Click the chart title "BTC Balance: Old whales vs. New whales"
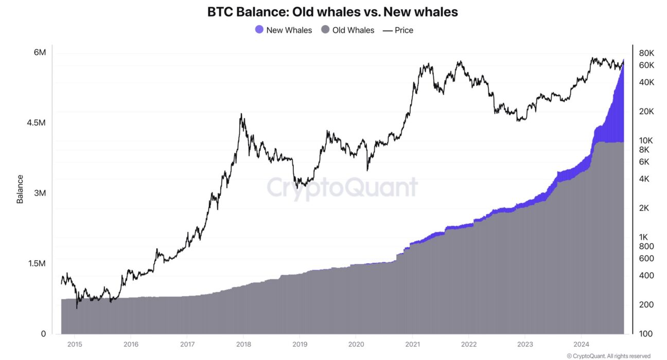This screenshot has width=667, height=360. [x=332, y=12]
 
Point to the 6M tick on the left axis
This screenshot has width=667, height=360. [x=40, y=53]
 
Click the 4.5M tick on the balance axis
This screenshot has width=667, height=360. [x=36, y=123]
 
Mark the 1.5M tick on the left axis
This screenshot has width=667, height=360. [x=36, y=264]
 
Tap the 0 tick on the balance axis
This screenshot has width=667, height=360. [x=43, y=334]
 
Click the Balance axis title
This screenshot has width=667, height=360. [x=20, y=189]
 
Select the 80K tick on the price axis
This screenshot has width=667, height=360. [x=646, y=53]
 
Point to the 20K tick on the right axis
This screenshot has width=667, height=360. [x=646, y=112]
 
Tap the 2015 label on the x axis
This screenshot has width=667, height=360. [x=75, y=345]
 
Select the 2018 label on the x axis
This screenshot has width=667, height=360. [x=243, y=345]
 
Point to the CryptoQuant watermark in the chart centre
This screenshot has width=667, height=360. [x=342, y=187]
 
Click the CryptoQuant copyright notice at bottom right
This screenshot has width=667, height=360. [x=608, y=356]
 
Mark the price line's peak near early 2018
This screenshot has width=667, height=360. [x=241, y=114]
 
